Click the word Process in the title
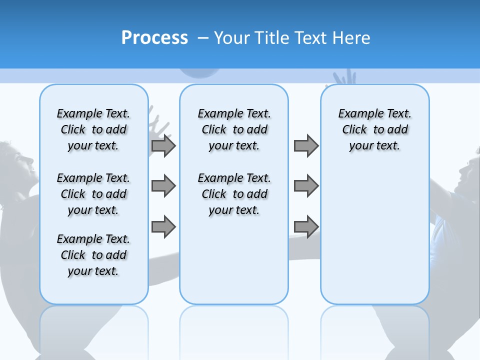tap(154, 38)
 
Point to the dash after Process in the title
tap(203, 38)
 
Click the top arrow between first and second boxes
tap(163, 145)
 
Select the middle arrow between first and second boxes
tap(163, 186)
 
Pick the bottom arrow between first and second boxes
tap(163, 226)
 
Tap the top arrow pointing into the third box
tap(306, 145)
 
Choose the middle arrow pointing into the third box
tap(306, 186)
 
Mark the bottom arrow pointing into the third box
tap(306, 226)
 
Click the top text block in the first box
tap(93, 129)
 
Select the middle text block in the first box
tap(93, 194)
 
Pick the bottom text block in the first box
tap(93, 255)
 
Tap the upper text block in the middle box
tap(234, 129)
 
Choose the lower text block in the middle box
tap(234, 194)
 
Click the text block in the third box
tap(374, 129)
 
